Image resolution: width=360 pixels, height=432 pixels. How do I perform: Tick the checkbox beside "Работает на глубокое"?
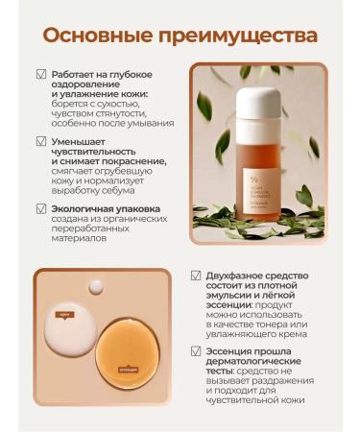[x=40, y=74]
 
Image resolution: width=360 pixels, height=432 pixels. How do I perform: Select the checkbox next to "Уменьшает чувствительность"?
[x=40, y=141]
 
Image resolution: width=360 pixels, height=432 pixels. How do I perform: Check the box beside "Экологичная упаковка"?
[x=40, y=208]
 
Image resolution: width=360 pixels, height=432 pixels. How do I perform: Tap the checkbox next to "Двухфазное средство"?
[x=196, y=276]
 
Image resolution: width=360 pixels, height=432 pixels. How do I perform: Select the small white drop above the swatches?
[x=95, y=287]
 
